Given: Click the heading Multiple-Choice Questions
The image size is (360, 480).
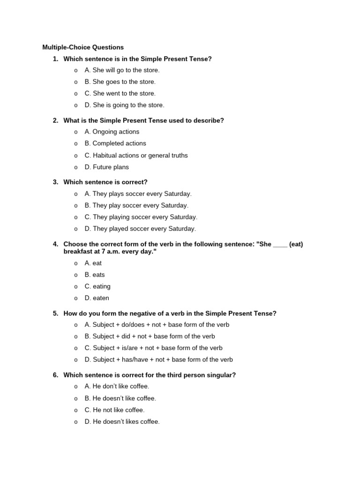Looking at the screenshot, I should (83, 47).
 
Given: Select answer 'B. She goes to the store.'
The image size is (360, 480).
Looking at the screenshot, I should (120, 82).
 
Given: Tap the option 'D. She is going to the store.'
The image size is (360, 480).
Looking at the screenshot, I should (124, 105).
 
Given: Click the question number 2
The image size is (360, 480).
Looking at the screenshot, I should (55, 120).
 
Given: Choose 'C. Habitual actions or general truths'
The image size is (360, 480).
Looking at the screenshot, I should (136, 156).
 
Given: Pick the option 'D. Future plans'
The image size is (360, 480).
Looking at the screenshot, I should (106, 167).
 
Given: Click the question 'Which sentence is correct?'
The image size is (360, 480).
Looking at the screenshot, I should (105, 182).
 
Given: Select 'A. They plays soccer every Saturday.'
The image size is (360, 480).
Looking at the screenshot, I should (138, 194).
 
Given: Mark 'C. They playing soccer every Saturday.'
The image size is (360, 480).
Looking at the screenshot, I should (141, 217).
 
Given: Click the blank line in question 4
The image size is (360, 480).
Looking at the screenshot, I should (280, 245).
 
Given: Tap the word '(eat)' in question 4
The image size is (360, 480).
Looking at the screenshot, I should (296, 245).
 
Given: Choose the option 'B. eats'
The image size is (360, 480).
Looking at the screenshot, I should (95, 275).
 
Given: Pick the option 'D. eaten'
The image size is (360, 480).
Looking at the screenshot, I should (97, 298).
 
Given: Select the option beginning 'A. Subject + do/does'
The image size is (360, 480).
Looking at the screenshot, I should (157, 325).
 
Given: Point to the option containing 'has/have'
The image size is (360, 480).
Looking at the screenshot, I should (158, 360).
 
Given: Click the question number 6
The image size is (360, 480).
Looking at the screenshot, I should (55, 375).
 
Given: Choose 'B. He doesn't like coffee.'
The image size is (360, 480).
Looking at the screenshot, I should (120, 398).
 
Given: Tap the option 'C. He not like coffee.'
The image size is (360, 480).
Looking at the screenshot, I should (114, 410).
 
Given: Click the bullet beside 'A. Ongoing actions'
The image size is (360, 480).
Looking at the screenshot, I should (75, 132).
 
